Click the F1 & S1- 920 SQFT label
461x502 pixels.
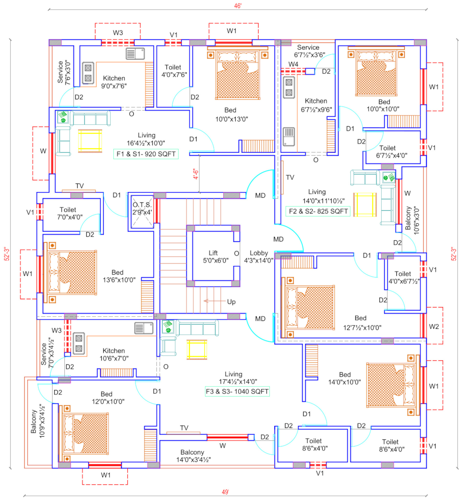(x=146, y=154)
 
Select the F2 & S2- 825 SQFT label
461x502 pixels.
(x=318, y=211)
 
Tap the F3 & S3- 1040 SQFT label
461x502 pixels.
(x=237, y=391)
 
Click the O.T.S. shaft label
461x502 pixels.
(x=142, y=208)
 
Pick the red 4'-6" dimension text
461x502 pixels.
(x=196, y=174)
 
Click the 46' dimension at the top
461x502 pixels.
(x=238, y=6)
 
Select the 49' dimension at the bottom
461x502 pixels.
(x=225, y=492)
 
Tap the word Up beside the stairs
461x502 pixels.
(x=231, y=302)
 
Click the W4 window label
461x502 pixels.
(x=293, y=64)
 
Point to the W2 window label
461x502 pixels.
(x=434, y=327)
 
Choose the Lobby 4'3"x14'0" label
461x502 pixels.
(x=259, y=257)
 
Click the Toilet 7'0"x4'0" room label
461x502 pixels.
(x=70, y=213)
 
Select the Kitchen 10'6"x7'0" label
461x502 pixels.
(x=114, y=354)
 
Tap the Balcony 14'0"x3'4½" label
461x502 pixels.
(x=193, y=456)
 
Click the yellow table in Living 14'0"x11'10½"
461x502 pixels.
(x=365, y=205)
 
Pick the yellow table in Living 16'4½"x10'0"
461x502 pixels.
(x=90, y=141)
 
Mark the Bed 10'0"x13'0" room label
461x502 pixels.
(x=232, y=114)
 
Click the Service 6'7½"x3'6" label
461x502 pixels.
(x=309, y=51)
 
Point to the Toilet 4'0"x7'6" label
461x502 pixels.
(x=174, y=71)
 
